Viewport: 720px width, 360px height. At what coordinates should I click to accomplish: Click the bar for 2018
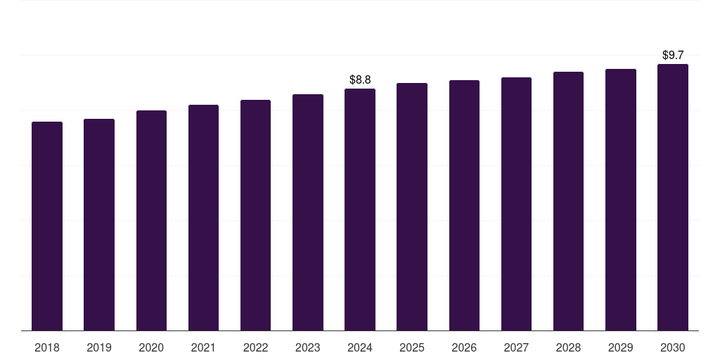(x=47, y=226)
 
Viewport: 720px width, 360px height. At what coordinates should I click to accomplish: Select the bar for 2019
(x=99, y=224)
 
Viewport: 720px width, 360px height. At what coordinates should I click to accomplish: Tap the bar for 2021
(x=203, y=217)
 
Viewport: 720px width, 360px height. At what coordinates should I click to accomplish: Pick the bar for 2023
(x=308, y=212)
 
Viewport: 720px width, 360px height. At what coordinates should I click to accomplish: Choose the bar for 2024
(x=360, y=210)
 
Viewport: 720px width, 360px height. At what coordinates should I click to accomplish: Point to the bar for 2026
(x=464, y=205)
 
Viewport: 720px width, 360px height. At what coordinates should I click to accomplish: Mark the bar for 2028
(x=568, y=201)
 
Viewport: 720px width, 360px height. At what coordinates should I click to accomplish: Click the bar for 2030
(x=673, y=197)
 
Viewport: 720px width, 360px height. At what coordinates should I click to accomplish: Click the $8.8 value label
(x=360, y=79)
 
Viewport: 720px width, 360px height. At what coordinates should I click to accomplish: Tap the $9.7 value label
(x=673, y=55)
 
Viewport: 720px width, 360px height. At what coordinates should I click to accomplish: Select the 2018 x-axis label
(x=47, y=347)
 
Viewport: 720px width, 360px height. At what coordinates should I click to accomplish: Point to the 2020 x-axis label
(x=151, y=347)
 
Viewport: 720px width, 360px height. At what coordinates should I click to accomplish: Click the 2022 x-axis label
(x=255, y=347)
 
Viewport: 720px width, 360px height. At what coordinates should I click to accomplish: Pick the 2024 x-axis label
(x=360, y=347)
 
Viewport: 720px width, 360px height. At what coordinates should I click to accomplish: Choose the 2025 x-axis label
(x=412, y=347)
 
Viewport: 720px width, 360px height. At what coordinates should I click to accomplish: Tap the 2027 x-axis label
(x=516, y=347)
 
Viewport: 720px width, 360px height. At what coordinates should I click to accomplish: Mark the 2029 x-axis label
(x=621, y=347)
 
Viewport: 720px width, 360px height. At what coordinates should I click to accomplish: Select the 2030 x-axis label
(x=673, y=347)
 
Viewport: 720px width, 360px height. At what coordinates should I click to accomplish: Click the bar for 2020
(x=151, y=220)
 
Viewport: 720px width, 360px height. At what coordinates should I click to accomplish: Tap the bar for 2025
(x=412, y=207)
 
